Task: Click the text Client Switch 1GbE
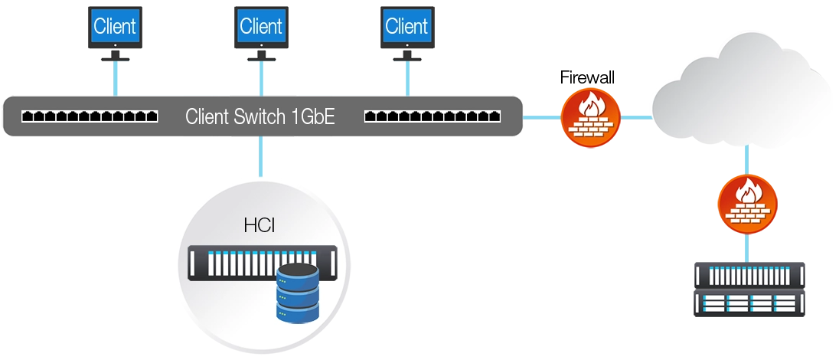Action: click(260, 117)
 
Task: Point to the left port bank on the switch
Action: click(90, 117)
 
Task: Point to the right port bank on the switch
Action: click(433, 117)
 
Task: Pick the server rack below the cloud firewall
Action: click(749, 287)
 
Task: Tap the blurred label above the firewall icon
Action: click(588, 76)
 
